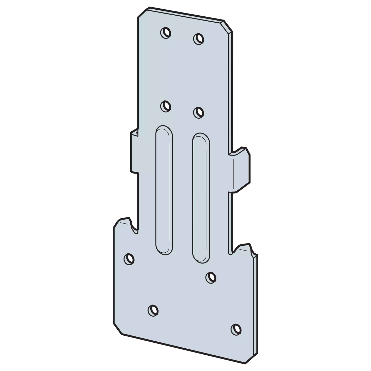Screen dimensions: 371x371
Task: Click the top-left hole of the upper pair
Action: (165, 33)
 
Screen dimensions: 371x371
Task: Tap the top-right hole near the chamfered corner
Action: (199, 39)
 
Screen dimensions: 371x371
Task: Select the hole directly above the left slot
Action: (165, 106)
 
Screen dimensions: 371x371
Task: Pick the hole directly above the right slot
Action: (199, 113)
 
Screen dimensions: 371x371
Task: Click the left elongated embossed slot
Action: (164, 190)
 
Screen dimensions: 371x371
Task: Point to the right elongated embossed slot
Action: (201, 198)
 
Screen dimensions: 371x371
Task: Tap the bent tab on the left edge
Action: (134, 152)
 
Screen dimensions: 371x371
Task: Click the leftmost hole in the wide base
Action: (129, 259)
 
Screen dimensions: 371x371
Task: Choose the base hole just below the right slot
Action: (211, 278)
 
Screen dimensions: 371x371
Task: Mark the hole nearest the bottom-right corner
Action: (236, 330)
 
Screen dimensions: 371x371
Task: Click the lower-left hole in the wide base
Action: (153, 310)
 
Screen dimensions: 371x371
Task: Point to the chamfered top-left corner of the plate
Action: (143, 12)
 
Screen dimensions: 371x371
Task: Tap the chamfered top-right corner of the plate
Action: (228, 26)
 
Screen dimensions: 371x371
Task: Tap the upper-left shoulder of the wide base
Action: (121, 221)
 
